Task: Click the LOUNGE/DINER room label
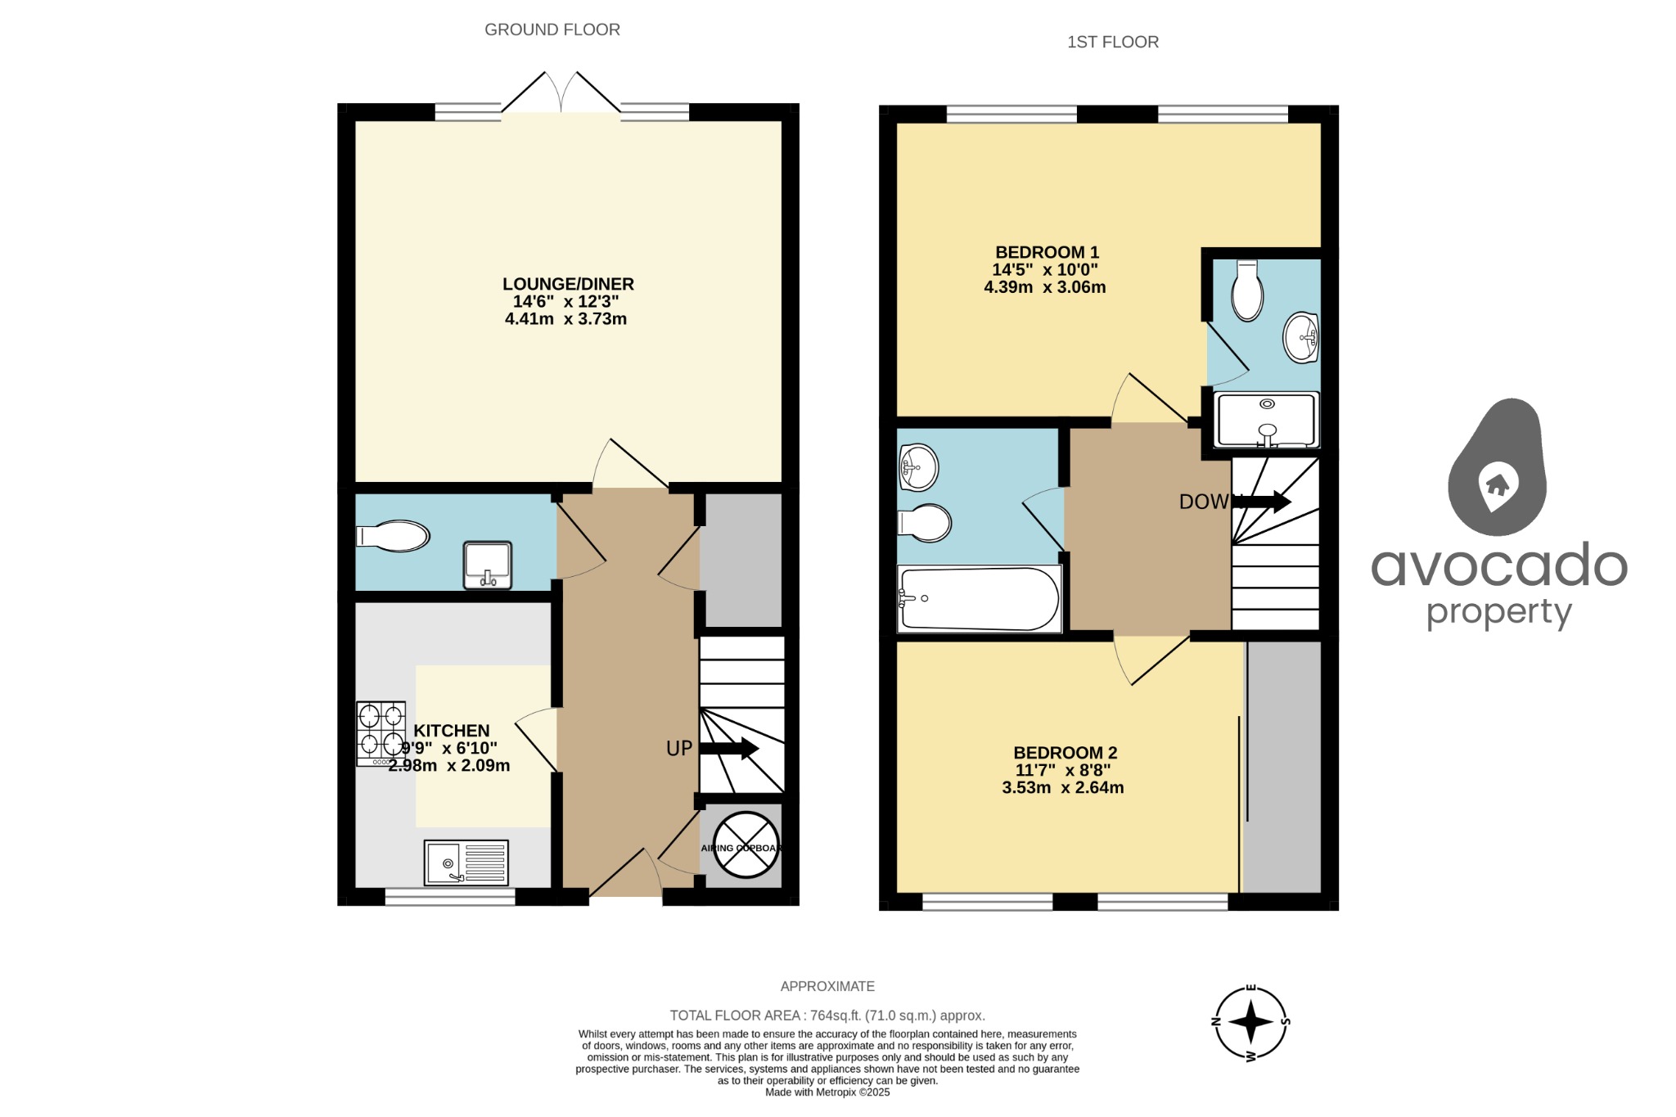click(567, 284)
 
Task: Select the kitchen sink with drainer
click(466, 863)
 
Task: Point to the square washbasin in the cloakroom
click(488, 564)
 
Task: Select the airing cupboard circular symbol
click(746, 846)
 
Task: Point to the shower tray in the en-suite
click(1266, 420)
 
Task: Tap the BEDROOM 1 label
click(1046, 252)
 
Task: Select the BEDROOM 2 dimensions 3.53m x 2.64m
click(1062, 788)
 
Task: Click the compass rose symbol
click(1250, 1022)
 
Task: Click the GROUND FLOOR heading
click(552, 30)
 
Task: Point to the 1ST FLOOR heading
click(1112, 43)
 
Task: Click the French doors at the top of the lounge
click(561, 92)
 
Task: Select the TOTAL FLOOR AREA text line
click(827, 1016)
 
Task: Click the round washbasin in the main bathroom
click(917, 466)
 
